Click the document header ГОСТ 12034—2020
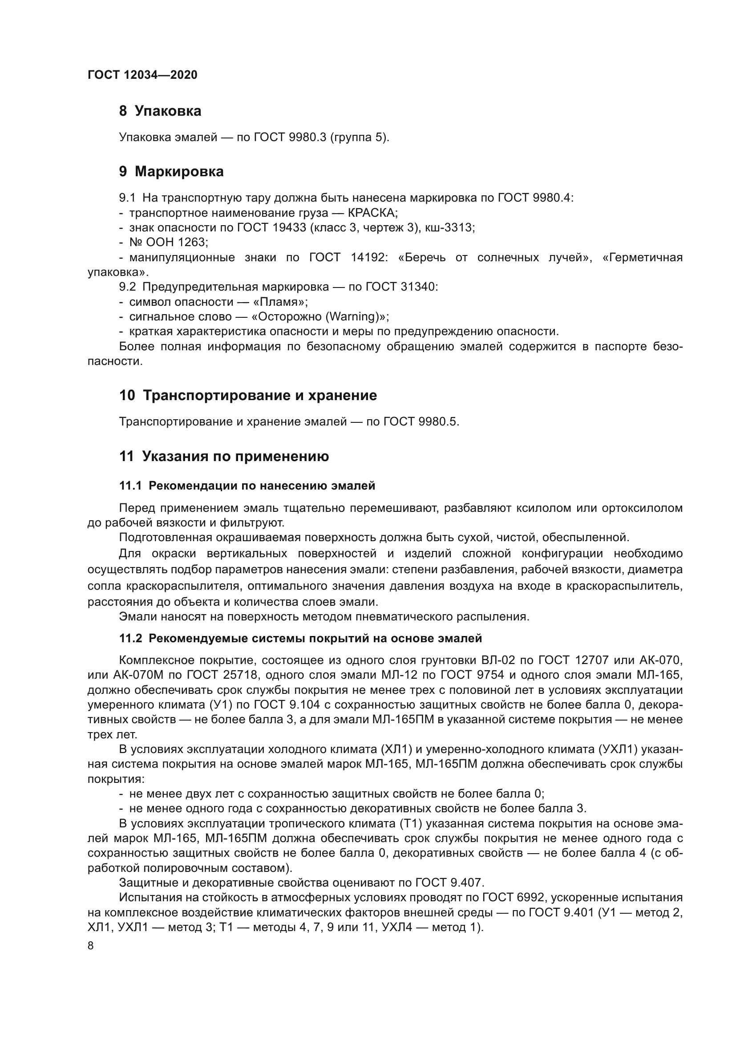[142, 75]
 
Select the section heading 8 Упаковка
[160, 111]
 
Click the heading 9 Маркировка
[171, 172]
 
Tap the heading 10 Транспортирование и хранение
[248, 396]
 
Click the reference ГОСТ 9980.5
[421, 422]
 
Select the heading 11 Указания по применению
[224, 457]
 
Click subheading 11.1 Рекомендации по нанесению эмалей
[247, 486]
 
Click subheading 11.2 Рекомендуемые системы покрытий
[300, 639]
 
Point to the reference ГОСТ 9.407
[449, 883]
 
